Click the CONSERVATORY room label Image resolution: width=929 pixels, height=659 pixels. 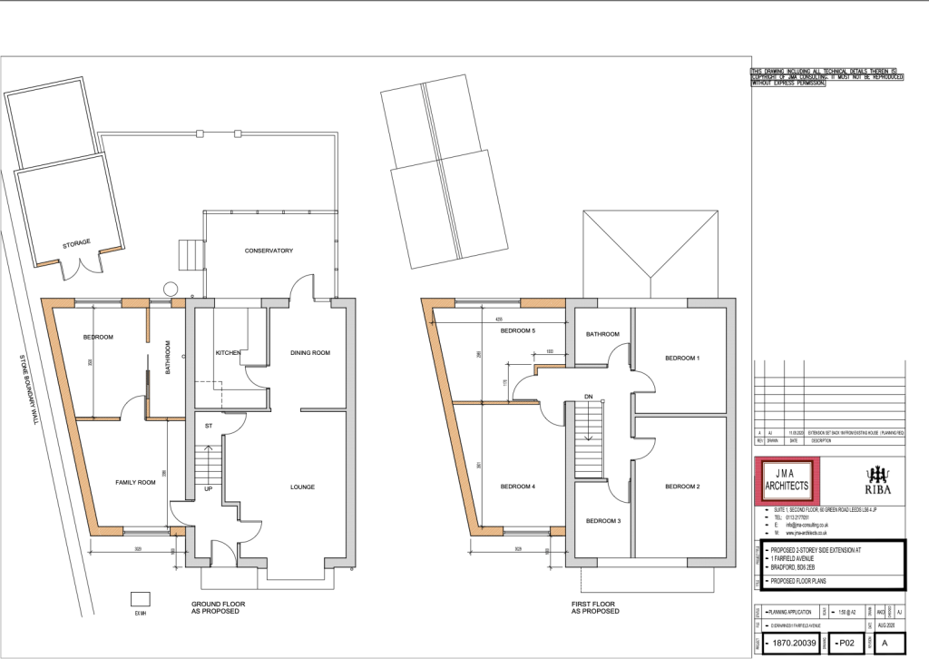point(269,251)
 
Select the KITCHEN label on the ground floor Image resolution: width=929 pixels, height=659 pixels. point(227,352)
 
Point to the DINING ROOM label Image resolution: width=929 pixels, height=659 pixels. point(308,352)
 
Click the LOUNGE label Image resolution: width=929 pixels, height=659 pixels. point(302,487)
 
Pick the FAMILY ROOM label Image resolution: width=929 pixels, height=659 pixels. point(134,482)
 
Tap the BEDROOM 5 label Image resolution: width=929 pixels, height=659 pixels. point(519,331)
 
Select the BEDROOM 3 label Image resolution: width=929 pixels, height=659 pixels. point(602,521)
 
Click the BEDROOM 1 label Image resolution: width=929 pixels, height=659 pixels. point(682,359)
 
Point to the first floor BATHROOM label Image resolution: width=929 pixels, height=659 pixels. point(601,334)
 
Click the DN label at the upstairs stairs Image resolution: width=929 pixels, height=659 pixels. point(588,397)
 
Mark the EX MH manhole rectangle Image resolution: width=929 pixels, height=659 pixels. point(141,598)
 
